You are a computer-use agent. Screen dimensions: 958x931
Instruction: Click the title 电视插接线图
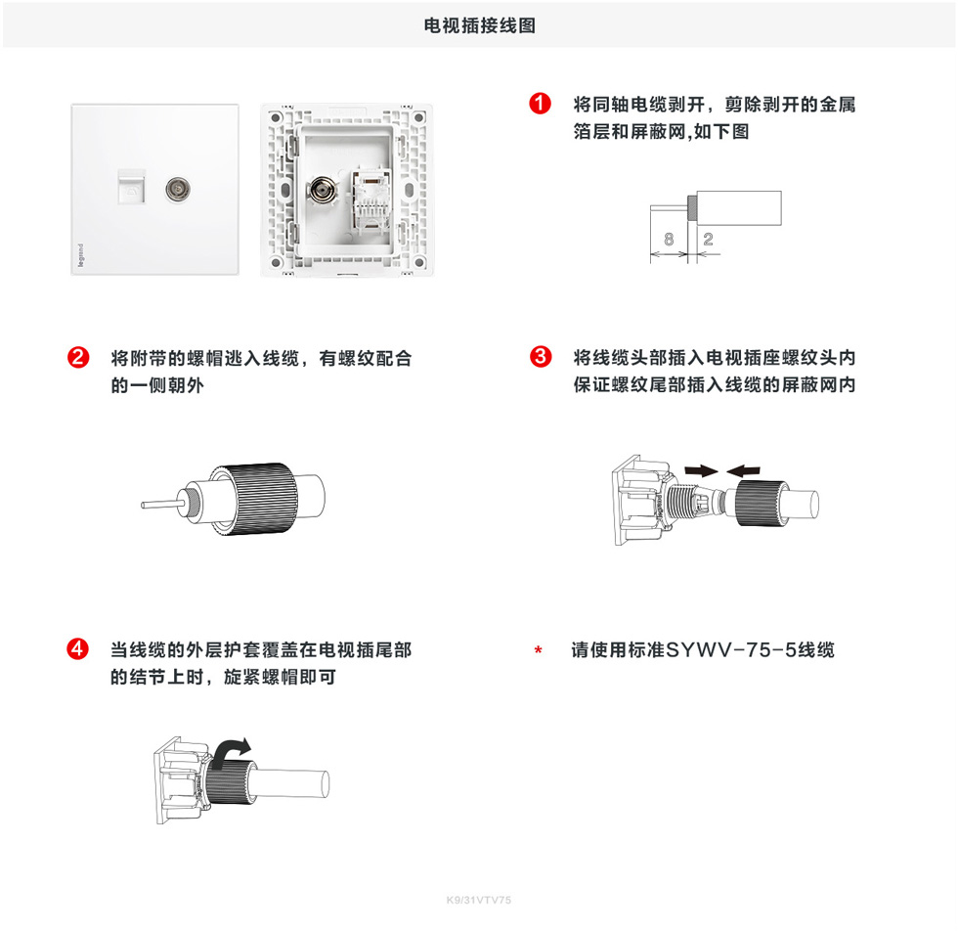pyautogui.click(x=480, y=25)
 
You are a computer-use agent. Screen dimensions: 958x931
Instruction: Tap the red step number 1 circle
pyautogui.click(x=540, y=104)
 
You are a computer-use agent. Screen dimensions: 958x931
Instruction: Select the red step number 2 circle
pyautogui.click(x=78, y=357)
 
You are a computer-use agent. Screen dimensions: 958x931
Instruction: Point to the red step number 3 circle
pyautogui.click(x=541, y=356)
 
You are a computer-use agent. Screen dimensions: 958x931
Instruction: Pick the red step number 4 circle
pyautogui.click(x=77, y=648)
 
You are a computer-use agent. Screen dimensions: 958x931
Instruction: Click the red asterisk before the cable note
pyautogui.click(x=539, y=650)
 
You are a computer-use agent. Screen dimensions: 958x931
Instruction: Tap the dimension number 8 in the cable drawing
pyautogui.click(x=669, y=239)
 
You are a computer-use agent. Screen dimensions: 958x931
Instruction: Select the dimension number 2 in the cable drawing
pyautogui.click(x=708, y=239)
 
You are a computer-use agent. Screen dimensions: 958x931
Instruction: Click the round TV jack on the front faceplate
pyautogui.click(x=178, y=190)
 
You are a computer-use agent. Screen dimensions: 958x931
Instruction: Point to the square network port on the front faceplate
pyautogui.click(x=131, y=187)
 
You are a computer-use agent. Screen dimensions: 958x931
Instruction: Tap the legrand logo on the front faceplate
pyautogui.click(x=80, y=255)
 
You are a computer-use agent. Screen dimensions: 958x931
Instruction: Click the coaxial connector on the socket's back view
pyautogui.click(x=322, y=191)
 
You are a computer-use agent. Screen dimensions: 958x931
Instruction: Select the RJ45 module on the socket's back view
pyautogui.click(x=370, y=199)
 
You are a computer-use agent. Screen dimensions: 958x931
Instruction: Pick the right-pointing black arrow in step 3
pyautogui.click(x=702, y=470)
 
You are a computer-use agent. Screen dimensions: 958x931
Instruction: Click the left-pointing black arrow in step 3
pyautogui.click(x=744, y=470)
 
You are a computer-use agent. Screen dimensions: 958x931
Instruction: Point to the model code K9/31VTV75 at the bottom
pyautogui.click(x=479, y=900)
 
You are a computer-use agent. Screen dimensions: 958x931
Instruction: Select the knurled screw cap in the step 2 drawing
pyautogui.click(x=253, y=499)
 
